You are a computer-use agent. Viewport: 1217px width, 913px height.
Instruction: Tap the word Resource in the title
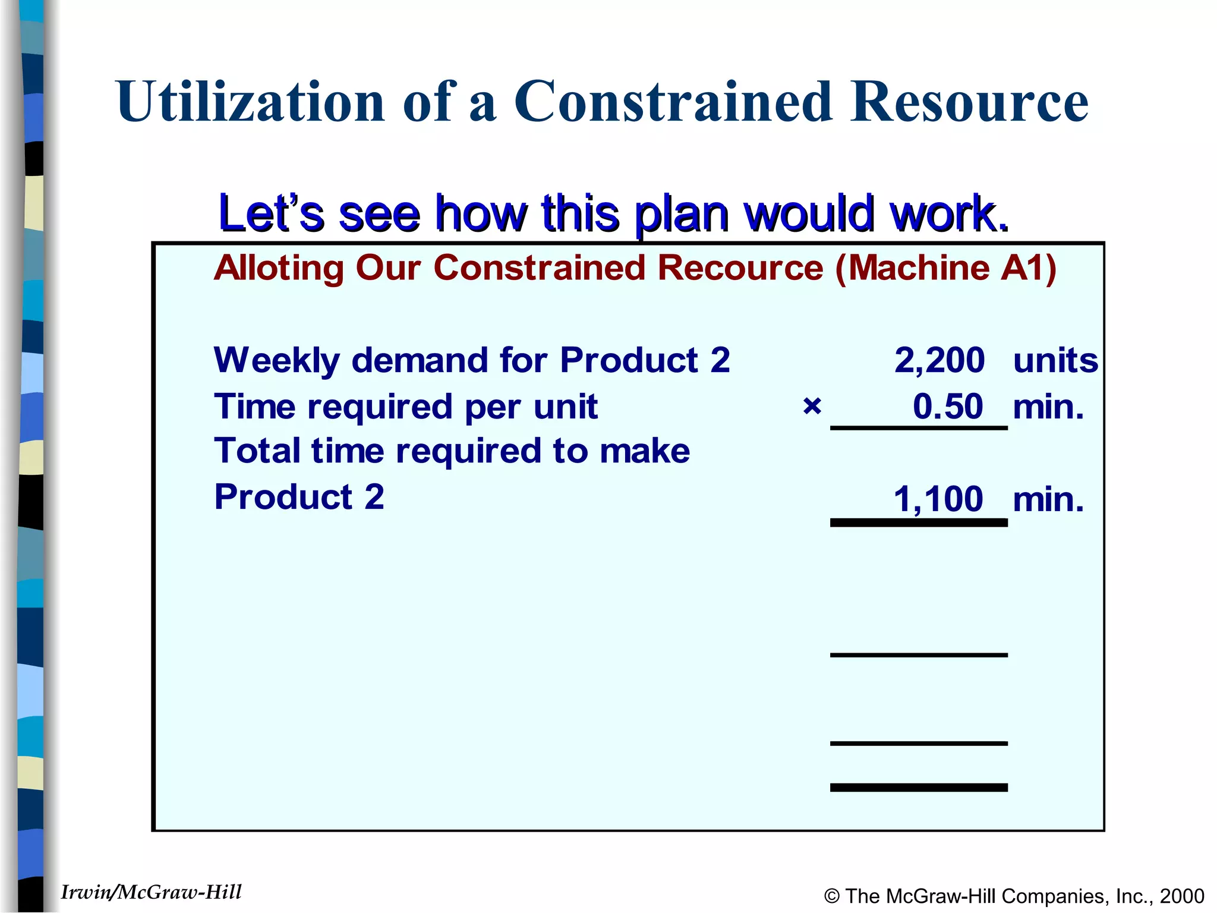(969, 102)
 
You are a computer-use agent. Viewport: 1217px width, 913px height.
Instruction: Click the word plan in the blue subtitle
(681, 214)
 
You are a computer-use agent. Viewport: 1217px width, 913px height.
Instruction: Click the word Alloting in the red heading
(279, 267)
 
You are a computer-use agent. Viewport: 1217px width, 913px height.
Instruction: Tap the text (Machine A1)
(945, 267)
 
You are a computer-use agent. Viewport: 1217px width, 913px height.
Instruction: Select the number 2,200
(939, 360)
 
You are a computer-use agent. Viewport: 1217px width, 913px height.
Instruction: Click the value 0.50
(948, 407)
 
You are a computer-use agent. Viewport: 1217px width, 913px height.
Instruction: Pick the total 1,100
(938, 499)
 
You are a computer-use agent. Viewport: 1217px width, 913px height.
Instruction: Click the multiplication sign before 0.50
(812, 407)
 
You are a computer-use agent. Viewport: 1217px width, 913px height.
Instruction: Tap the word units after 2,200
(1055, 360)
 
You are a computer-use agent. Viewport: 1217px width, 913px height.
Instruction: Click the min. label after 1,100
(1048, 499)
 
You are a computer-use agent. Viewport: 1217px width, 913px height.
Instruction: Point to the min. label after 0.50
(1048, 407)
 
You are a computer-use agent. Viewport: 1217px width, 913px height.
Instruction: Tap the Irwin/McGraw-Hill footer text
(152, 892)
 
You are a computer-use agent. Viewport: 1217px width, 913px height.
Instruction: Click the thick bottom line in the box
(919, 788)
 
